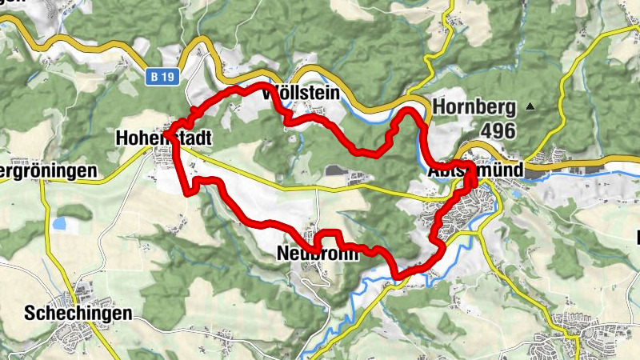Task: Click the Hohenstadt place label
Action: point(163,138)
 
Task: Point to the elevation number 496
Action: point(498,130)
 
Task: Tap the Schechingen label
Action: point(78,313)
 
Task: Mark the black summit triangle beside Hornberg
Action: point(530,106)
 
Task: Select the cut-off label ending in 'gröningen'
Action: point(48,171)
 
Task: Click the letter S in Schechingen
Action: point(30,312)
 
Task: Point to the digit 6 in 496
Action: point(510,130)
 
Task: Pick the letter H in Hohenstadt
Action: point(121,138)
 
